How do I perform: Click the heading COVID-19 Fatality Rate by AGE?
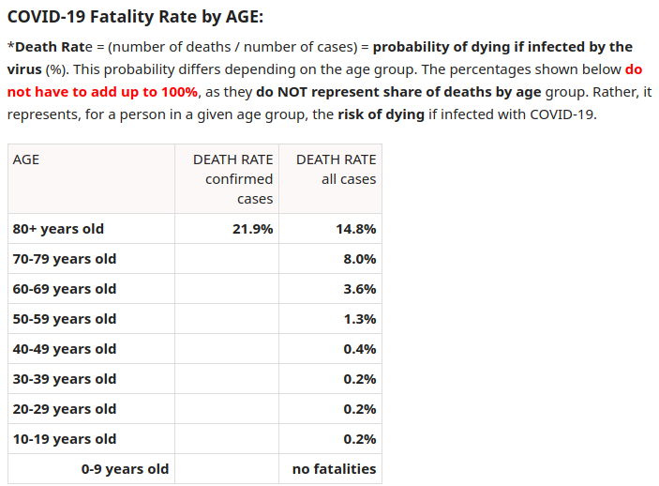(x=135, y=16)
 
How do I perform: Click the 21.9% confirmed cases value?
(x=252, y=229)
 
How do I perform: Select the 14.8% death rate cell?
(x=355, y=229)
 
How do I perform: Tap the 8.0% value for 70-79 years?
(x=360, y=259)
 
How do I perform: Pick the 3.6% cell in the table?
(x=360, y=289)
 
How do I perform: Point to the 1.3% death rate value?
(x=360, y=319)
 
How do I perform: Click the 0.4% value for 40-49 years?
(x=360, y=349)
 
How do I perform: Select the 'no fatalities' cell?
(x=334, y=469)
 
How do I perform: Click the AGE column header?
(x=26, y=159)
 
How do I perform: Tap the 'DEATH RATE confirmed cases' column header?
(x=233, y=178)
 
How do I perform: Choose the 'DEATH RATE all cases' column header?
(x=337, y=169)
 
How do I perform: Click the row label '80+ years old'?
(x=58, y=229)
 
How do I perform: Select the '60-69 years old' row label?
(x=65, y=289)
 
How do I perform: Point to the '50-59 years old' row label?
(x=65, y=319)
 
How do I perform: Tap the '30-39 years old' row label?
(x=65, y=379)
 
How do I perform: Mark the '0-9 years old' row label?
(x=125, y=469)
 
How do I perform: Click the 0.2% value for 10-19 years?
(x=360, y=439)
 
